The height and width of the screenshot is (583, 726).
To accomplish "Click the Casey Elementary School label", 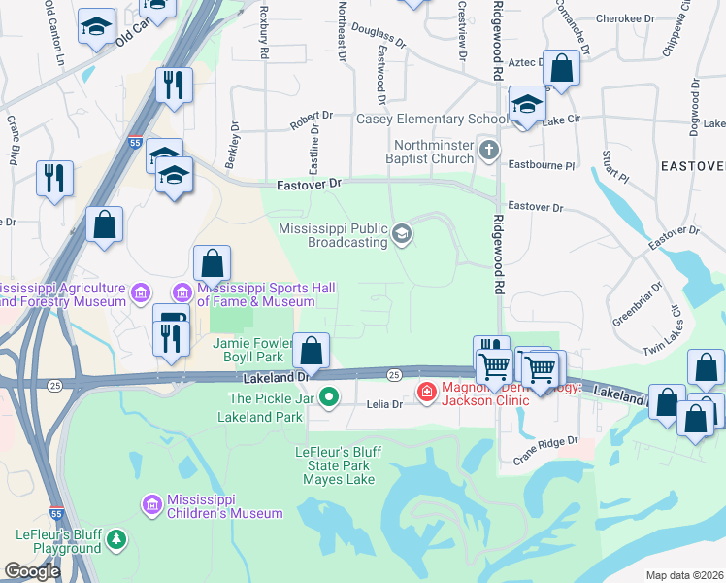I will pos(432,120).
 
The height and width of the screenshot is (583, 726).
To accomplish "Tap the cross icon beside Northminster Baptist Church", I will pos(490,151).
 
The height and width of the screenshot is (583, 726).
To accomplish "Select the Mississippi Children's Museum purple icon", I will pos(150,504).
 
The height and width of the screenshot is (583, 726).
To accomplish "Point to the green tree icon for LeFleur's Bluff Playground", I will pos(116,538).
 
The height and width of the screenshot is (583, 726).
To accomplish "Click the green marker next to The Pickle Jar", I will pos(330,397).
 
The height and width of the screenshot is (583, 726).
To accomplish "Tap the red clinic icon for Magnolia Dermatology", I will pos(426,391).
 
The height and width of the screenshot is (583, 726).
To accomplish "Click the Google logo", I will pos(32,571).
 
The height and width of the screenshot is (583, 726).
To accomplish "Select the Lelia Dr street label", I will pos(383,404).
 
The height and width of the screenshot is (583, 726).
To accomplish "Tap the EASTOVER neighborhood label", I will pos(692,166).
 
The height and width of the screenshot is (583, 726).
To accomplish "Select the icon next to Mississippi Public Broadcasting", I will pos(402,234).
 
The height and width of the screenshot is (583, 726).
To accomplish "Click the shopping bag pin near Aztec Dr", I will pos(561,69).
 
